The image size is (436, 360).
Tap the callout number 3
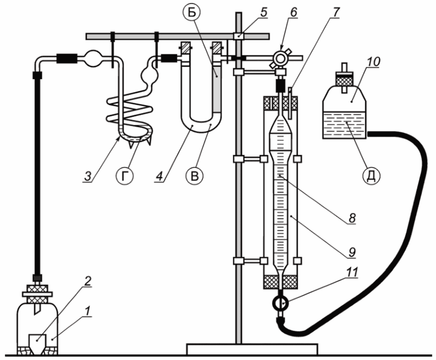[x=88, y=176]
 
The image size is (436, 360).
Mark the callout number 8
[x=352, y=218]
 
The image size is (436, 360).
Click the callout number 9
[x=352, y=252]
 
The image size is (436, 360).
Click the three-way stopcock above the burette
[x=280, y=58]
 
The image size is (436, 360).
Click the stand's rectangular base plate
[x=252, y=349]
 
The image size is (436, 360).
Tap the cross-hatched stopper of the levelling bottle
[x=344, y=80]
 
